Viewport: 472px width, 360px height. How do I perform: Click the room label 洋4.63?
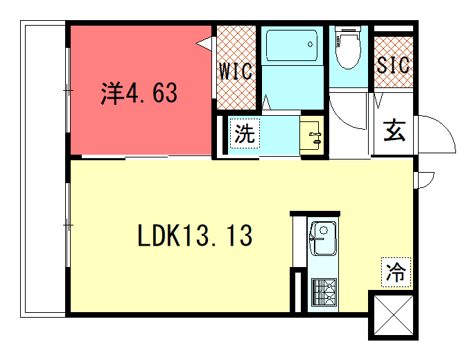(x=139, y=93)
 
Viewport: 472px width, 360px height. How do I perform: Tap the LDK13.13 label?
(x=195, y=236)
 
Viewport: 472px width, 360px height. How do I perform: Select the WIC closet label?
(x=236, y=71)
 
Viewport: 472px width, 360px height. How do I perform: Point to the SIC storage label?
(x=393, y=65)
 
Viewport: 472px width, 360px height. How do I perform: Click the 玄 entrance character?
(x=394, y=130)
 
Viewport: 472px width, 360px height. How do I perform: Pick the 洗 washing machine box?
(x=245, y=133)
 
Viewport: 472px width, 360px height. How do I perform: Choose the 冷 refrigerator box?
(x=396, y=272)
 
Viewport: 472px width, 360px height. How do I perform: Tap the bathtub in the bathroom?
(x=292, y=45)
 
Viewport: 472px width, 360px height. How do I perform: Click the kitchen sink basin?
(x=323, y=239)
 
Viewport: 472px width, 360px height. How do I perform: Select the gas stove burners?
(x=324, y=292)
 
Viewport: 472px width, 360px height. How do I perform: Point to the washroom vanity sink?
(x=312, y=135)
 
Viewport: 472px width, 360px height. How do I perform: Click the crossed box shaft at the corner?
(x=394, y=315)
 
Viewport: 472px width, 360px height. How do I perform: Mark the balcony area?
(x=43, y=169)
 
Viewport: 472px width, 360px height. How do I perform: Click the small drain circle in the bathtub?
(x=310, y=44)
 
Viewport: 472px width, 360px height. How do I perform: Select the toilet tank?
(x=348, y=29)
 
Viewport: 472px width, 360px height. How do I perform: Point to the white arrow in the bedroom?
(x=204, y=44)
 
